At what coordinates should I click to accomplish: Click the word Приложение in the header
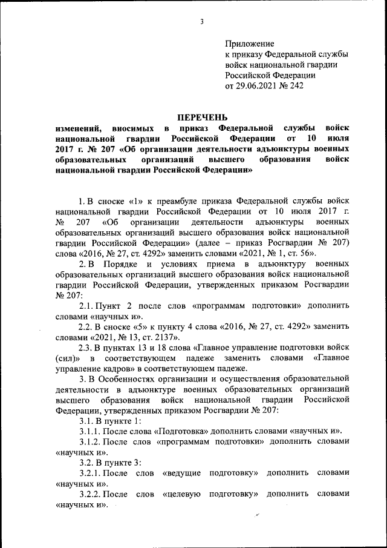tap(249, 44)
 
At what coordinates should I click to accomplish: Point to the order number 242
tap(297, 86)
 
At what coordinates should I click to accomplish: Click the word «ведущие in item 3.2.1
tap(181, 472)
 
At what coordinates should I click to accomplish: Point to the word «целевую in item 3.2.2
tap(182, 494)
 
